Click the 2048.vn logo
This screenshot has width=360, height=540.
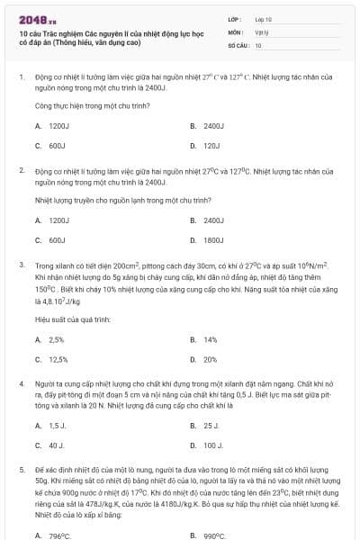tap(32, 19)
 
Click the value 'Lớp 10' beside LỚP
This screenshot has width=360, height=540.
tap(264, 19)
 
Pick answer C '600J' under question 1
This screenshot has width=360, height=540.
tap(57, 145)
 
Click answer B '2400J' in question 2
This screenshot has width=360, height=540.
tap(213, 220)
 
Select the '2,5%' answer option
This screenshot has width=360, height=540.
tap(57, 340)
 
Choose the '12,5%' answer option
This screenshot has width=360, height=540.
tap(58, 359)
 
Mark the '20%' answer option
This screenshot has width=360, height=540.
tap(211, 359)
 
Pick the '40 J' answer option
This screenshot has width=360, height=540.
tap(57, 445)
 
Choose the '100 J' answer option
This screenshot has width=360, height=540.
tap(212, 445)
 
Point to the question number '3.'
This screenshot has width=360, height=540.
tap(21, 266)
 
